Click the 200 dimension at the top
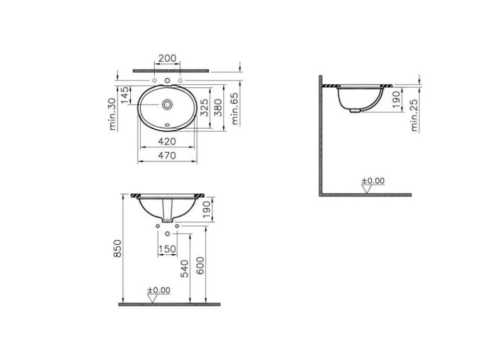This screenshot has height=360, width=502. click(x=167, y=58)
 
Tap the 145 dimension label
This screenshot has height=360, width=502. click(x=124, y=95)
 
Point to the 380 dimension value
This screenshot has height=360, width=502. click(x=218, y=108)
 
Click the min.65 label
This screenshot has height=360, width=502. click(x=235, y=109)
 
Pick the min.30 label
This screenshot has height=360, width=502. click(x=112, y=114)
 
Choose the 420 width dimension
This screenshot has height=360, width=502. click(x=167, y=141)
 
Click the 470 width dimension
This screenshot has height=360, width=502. click(x=167, y=155)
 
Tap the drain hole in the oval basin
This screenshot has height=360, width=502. click(x=167, y=104)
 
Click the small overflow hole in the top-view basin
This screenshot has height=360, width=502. click(x=167, y=125)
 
